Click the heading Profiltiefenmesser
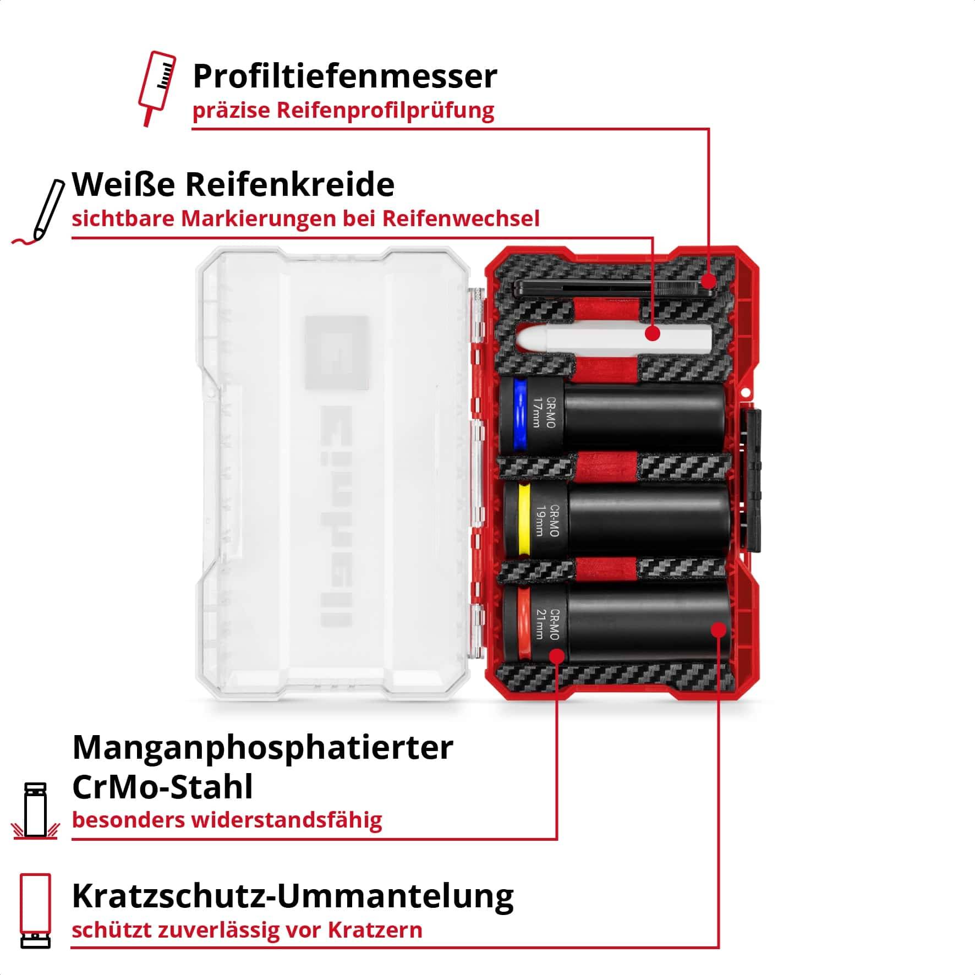point(345,76)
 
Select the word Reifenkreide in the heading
point(290,184)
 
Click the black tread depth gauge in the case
point(611,287)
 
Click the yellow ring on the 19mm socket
point(525,520)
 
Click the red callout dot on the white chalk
point(653,333)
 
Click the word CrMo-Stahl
point(163,786)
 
